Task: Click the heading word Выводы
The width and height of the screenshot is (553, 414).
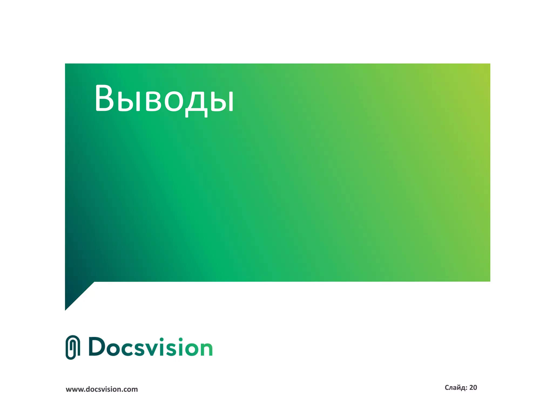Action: point(164,98)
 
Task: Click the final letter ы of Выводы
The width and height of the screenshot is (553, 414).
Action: point(222,101)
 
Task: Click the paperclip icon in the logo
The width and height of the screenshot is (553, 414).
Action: point(73,347)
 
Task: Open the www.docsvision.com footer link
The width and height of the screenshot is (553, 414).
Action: point(102,389)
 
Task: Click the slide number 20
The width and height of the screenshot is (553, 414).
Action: point(473,388)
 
